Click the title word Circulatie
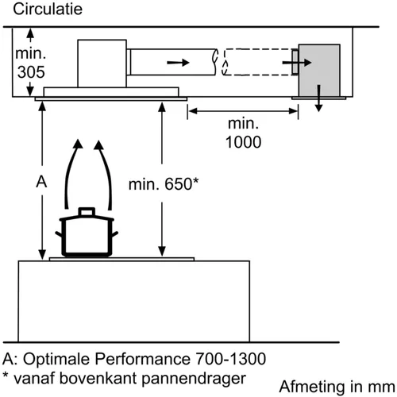coord(48,9)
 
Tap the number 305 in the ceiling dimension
coord(31,72)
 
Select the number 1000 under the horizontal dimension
coord(244,142)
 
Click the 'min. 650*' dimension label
coord(164,184)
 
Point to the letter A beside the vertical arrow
coord(41,182)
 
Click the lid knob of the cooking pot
coord(87,212)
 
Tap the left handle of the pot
coord(59,234)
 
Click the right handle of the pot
coord(114,234)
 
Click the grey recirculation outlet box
coord(319,71)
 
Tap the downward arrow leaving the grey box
coord(319,98)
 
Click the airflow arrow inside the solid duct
coord(178,63)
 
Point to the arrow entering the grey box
coord(297,63)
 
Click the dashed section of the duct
coord(257,62)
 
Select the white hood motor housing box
coord(102,64)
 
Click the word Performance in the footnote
coord(142,359)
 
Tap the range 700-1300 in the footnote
coord(230,359)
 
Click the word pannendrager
coord(194,379)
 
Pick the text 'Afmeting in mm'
coord(337,387)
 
